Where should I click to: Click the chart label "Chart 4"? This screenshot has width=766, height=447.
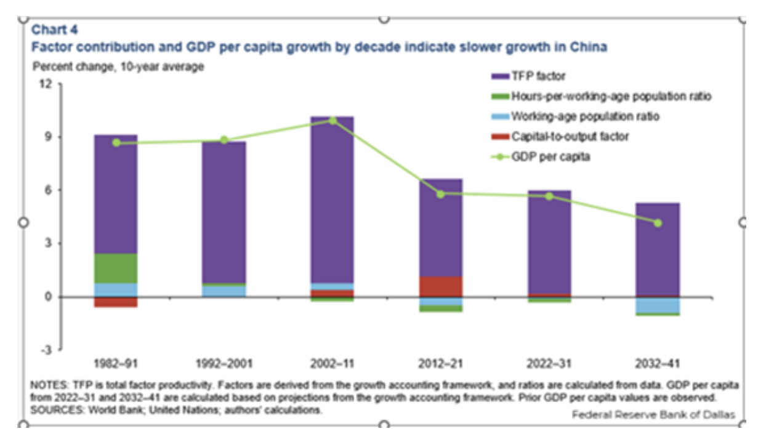tap(55, 29)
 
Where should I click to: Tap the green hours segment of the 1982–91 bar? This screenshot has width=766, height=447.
tap(116, 268)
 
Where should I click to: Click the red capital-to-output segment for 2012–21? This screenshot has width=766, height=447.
tap(441, 286)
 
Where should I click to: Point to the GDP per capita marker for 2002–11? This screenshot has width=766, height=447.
tap(333, 120)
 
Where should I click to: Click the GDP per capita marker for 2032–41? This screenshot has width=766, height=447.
tap(658, 223)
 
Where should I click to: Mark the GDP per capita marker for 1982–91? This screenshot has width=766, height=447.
tap(116, 143)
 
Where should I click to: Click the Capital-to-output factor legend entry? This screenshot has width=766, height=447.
tap(570, 137)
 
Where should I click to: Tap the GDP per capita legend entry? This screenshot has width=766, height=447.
tap(550, 156)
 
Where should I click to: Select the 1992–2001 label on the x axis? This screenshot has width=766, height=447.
tap(224, 363)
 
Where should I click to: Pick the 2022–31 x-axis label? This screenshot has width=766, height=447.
tap(549, 363)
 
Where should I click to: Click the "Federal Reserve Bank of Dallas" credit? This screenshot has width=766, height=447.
tap(653, 414)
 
